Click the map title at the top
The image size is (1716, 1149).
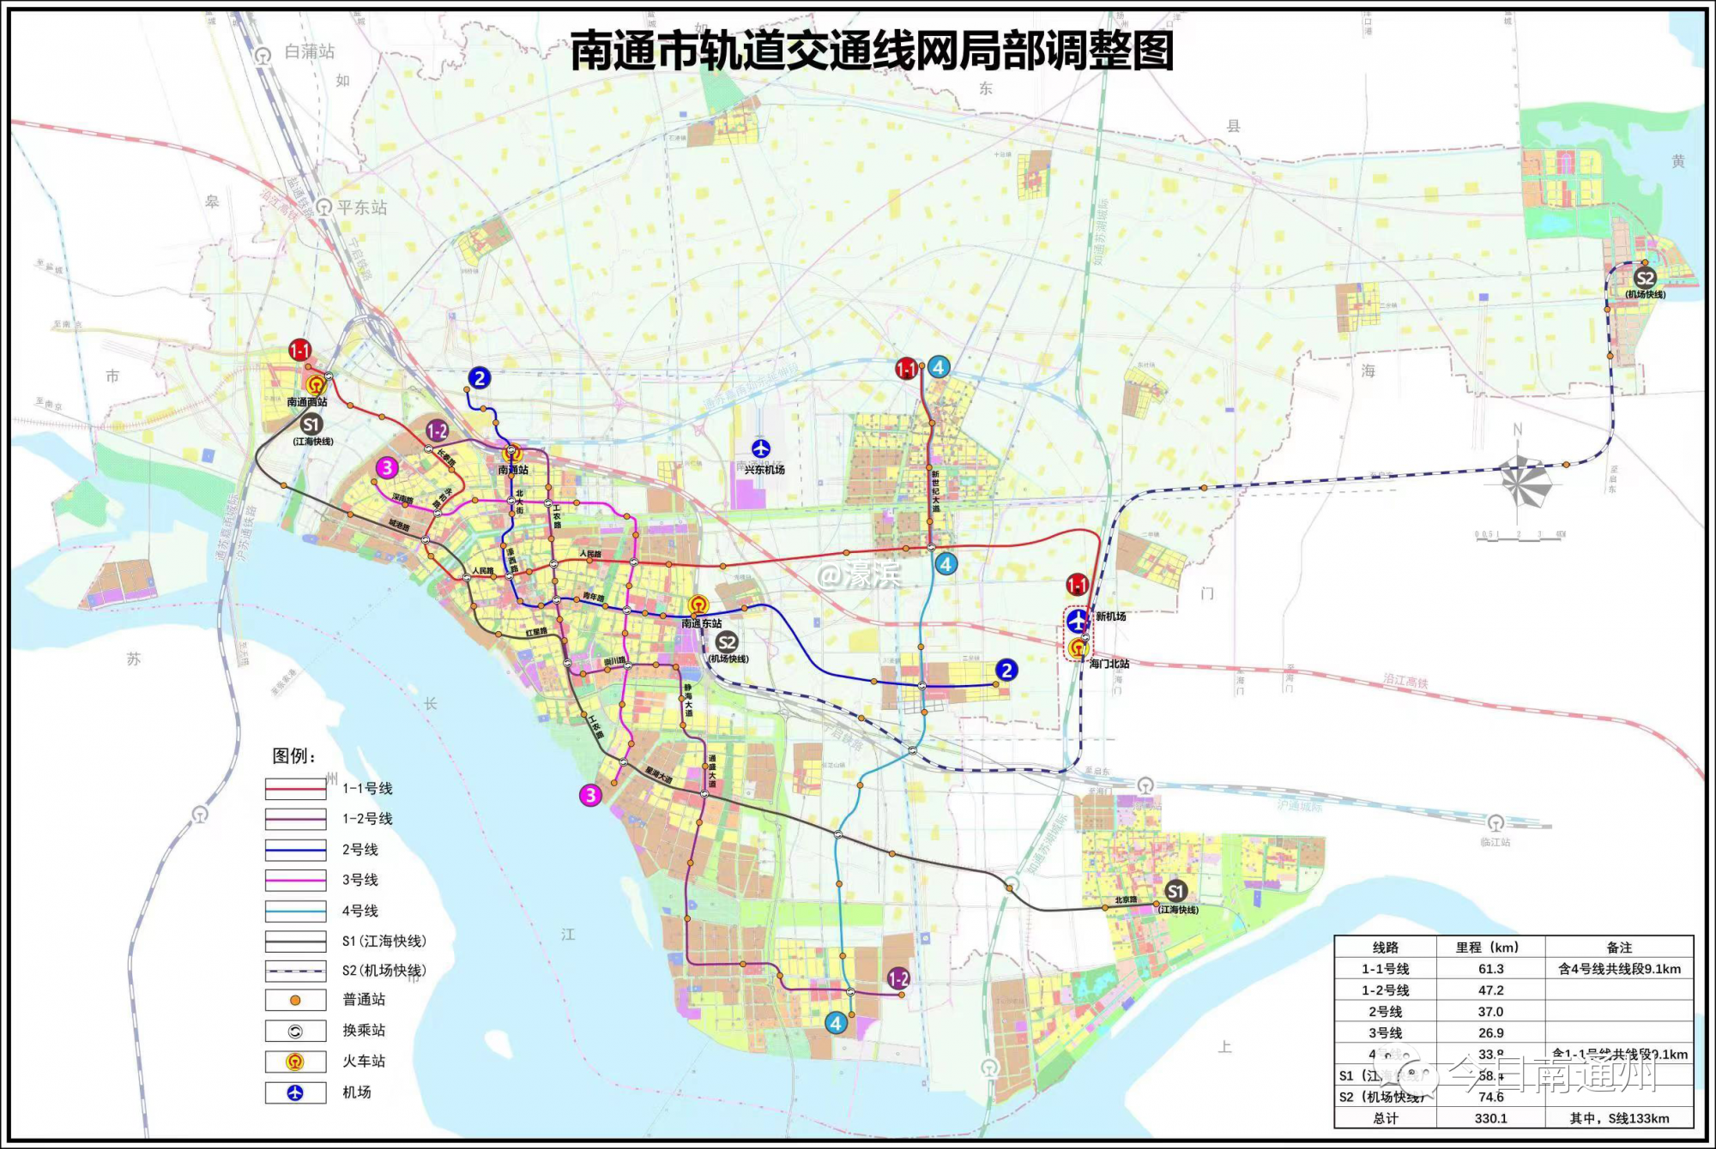(872, 51)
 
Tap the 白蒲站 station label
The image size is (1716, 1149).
(309, 52)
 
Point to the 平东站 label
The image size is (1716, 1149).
(361, 208)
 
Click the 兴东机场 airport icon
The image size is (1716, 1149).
(761, 448)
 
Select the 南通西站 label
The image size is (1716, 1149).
(307, 402)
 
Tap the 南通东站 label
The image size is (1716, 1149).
(701, 623)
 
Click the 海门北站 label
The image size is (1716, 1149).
(1109, 664)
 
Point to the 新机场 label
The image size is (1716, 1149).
(1110, 617)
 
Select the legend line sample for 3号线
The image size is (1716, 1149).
(295, 881)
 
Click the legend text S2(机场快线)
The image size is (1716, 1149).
(384, 971)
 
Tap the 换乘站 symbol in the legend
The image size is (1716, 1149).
(295, 1031)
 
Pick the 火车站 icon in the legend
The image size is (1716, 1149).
(295, 1062)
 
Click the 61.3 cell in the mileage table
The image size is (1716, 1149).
(1490, 969)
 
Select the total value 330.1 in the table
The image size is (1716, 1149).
(1490, 1118)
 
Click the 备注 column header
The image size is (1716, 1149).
(1619, 947)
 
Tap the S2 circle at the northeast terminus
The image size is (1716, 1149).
(1645, 278)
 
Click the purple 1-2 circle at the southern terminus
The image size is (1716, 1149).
(898, 978)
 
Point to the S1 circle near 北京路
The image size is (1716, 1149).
(1175, 891)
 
